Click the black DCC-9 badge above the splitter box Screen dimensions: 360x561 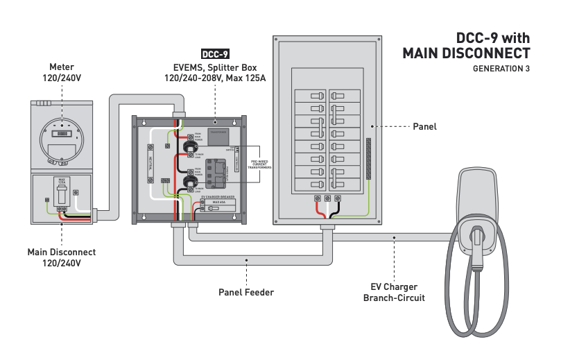(215, 54)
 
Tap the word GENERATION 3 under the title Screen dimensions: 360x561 (501, 69)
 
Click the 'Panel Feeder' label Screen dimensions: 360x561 (245, 292)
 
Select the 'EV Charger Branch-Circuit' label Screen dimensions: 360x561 (394, 292)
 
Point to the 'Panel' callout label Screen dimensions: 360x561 (424, 127)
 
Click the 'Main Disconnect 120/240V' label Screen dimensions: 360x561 (62, 257)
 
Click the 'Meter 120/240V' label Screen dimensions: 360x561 (62, 72)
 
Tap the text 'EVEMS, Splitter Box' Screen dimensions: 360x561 (215, 67)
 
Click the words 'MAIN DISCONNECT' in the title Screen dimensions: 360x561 (466, 53)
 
